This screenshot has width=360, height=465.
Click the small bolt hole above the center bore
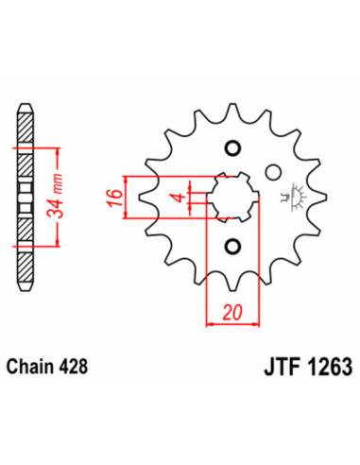[231, 147]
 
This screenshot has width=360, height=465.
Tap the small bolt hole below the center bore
[231, 247]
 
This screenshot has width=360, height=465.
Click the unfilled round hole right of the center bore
[274, 174]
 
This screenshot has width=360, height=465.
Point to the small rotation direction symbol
[296, 196]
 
